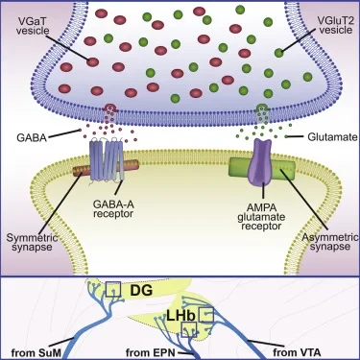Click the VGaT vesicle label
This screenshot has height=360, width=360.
pyautogui.click(x=33, y=26)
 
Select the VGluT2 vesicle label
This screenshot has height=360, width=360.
pyautogui.click(x=335, y=25)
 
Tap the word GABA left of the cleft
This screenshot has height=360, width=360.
pyautogui.click(x=32, y=137)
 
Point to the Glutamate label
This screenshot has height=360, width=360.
pyautogui.click(x=332, y=137)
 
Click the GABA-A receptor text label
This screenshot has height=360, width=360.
pyautogui.click(x=113, y=208)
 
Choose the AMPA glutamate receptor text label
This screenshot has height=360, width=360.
pyautogui.click(x=261, y=217)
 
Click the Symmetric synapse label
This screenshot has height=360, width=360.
pyautogui.click(x=32, y=242)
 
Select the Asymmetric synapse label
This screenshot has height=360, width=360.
pyautogui.click(x=330, y=242)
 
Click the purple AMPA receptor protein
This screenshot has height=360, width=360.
pyautogui.click(x=262, y=162)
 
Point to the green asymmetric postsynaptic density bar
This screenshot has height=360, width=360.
pyautogui.click(x=262, y=168)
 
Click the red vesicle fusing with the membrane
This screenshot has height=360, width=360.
pyautogui.click(x=110, y=108)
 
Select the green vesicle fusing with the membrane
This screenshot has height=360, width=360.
pyautogui.click(x=262, y=108)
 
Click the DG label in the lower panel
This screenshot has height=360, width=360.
pyautogui.click(x=140, y=291)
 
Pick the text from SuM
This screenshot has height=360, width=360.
pyautogui.click(x=36, y=353)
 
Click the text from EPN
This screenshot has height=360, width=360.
pyautogui.click(x=151, y=353)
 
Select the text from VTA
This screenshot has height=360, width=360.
pyautogui.click(x=297, y=353)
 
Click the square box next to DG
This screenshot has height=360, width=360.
pyautogui.click(x=113, y=290)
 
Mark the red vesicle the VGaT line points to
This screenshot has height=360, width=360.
pyautogui.click(x=93, y=62)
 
